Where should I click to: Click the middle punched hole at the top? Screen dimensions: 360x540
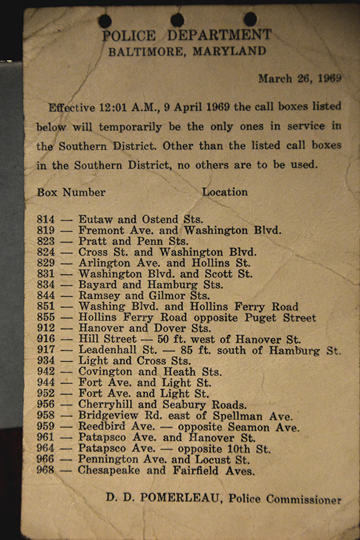[177, 20]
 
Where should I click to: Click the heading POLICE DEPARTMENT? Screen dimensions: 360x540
[186, 36]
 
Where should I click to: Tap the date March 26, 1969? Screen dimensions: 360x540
[299, 78]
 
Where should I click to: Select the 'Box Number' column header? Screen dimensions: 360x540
[71, 192]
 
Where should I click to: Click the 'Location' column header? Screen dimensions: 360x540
[224, 192]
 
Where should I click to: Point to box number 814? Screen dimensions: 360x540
[46, 220]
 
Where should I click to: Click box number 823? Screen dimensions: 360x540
[46, 241]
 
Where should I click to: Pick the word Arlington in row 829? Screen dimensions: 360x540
[104, 263]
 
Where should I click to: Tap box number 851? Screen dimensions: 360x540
[46, 307]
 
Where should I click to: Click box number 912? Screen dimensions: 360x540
[46, 329]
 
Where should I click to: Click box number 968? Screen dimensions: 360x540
[46, 471]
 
